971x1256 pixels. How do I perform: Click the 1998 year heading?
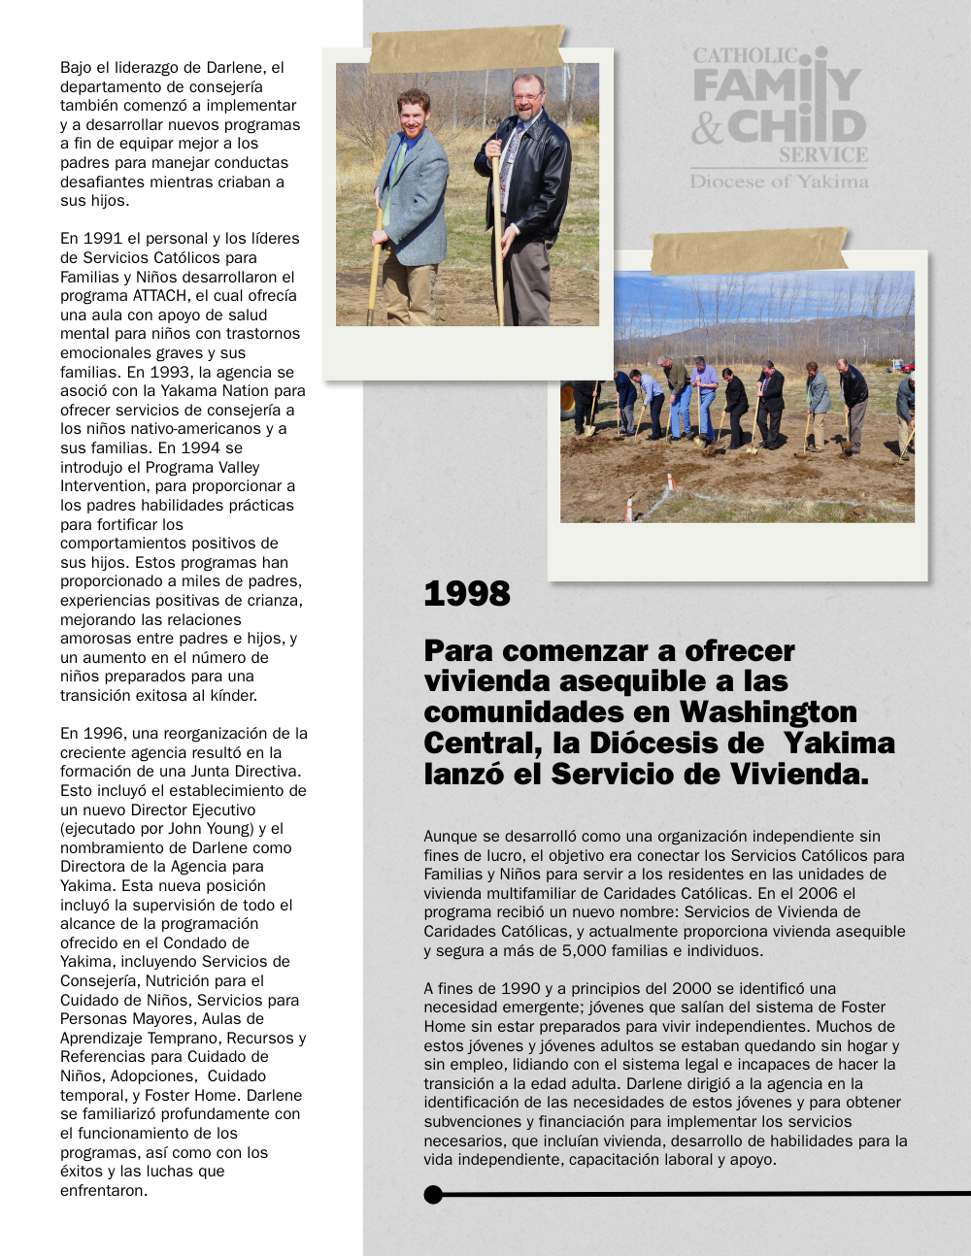467,593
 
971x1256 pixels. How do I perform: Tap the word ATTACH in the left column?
162,296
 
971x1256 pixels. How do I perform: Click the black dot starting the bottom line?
433,1194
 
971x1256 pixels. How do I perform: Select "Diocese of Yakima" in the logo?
779,182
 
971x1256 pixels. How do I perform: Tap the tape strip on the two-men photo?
467,49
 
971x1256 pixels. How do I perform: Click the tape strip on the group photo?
749,250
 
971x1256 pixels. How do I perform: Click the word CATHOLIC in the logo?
745,56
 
